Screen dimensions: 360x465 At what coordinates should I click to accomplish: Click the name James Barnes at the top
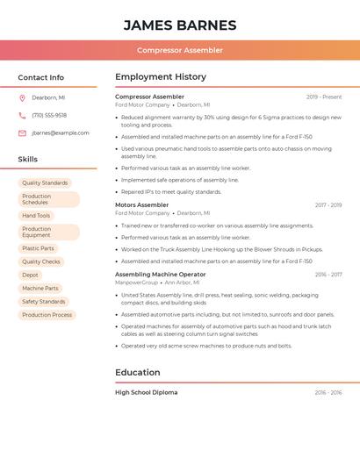coord(180,25)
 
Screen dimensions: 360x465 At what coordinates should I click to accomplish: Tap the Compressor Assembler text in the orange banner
coord(180,51)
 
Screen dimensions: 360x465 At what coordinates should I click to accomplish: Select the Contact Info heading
coord(41,77)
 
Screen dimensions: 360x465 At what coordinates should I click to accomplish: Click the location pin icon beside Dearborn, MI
coord(22,97)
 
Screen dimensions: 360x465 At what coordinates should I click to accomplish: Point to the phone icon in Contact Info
coord(22,115)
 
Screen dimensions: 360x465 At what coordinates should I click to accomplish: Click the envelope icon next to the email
coord(22,133)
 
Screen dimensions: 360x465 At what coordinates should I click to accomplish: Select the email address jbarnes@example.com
coord(61,133)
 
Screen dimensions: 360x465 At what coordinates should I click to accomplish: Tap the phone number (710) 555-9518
coord(49,115)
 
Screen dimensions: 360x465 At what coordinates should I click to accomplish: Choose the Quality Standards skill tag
coord(45,183)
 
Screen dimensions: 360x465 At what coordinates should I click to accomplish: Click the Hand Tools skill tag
coord(36,216)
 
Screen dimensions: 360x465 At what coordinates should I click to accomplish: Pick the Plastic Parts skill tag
coord(38,248)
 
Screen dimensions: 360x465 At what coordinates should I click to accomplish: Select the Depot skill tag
coord(30,275)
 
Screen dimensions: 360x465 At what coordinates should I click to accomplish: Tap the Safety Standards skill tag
coord(44,301)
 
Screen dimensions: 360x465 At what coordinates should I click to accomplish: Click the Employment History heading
coord(161,77)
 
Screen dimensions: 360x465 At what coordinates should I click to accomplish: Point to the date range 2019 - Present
coord(324,97)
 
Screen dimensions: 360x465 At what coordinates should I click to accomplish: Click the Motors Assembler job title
coord(142,204)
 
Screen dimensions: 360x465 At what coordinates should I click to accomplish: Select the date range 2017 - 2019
coord(328,205)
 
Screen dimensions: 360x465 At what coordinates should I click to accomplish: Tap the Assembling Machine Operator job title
coord(161,274)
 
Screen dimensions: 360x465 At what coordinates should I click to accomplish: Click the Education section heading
coord(137,372)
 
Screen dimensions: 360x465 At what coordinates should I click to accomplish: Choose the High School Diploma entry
coord(147,392)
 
